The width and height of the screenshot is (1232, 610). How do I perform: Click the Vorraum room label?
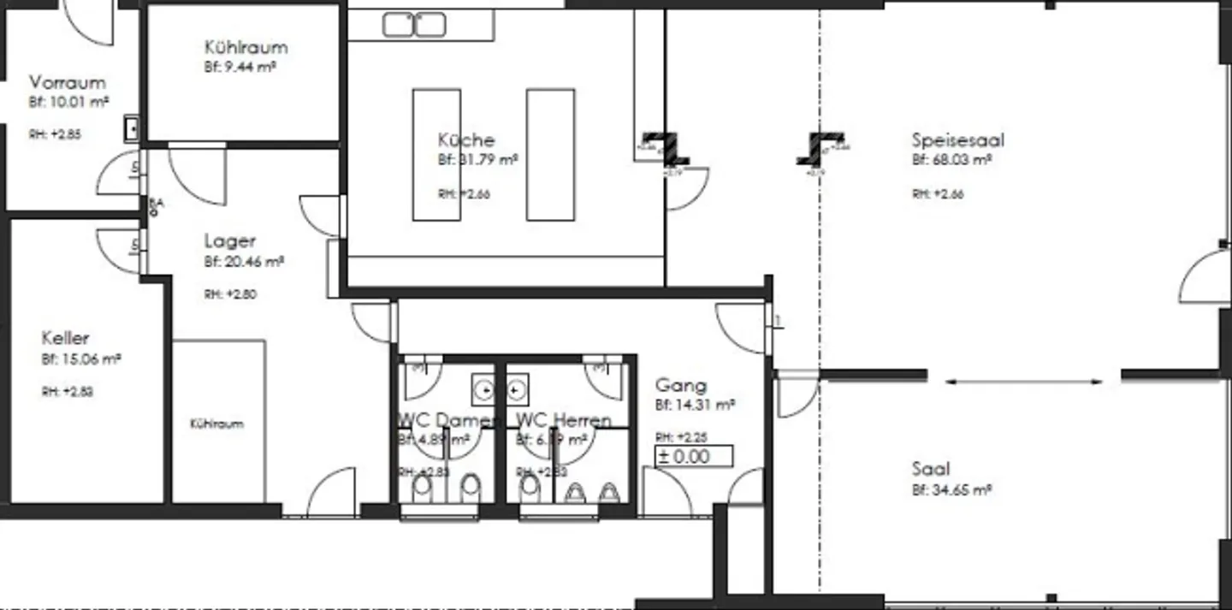coord(68,83)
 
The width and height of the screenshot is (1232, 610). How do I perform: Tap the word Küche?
coord(466,140)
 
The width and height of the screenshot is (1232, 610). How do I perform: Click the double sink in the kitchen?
coord(414,25)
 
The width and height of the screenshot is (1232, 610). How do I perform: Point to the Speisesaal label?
coord(957,140)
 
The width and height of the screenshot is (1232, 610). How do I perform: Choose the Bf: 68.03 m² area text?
coord(951,160)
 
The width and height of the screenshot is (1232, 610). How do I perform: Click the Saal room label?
coord(930,469)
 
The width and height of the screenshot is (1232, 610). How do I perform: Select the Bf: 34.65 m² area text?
coord(951,490)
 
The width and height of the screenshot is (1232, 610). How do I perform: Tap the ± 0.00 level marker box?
coord(694,456)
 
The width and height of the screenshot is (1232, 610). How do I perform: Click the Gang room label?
coord(681,386)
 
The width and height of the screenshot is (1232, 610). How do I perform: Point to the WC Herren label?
coord(563,420)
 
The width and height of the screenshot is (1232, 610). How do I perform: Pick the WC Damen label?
coord(447,420)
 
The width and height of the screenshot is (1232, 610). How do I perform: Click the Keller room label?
coord(65,338)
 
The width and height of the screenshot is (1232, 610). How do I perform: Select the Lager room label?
coord(229,241)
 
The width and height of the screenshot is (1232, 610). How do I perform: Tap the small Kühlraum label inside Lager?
coord(216,423)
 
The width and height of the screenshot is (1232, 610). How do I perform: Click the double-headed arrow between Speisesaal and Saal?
coord(1024,382)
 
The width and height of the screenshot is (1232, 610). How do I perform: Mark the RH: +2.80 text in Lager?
coord(230,294)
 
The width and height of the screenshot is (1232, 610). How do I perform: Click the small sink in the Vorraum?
coord(133,128)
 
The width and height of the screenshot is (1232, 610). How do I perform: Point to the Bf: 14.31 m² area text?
coord(696,405)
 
